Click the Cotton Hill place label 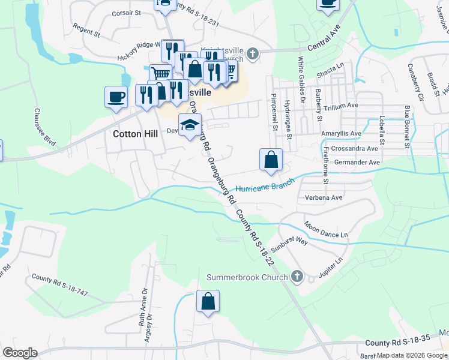(x=135, y=134)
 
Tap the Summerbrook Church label (x=247, y=277)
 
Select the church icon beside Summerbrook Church (x=296, y=276)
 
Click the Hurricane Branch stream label (x=265, y=185)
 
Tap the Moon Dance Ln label (x=326, y=230)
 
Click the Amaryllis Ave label (x=358, y=133)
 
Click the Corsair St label (x=126, y=12)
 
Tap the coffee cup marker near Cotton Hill (x=116, y=96)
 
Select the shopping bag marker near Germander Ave (x=271, y=160)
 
